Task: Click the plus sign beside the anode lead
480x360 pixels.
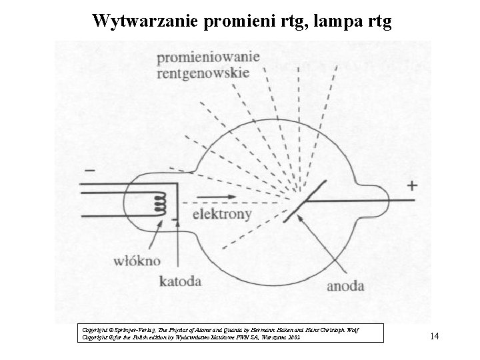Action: pyautogui.click(x=413, y=185)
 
